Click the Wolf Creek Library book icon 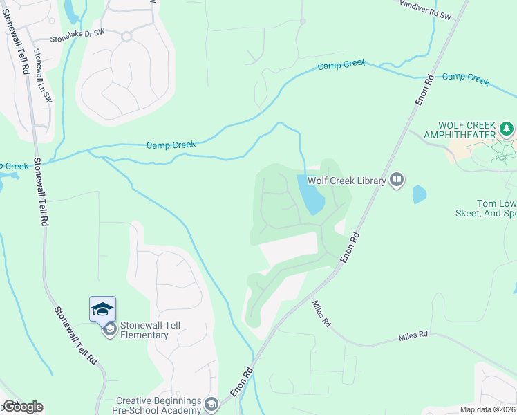click(x=397, y=181)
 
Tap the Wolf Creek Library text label click(x=346, y=181)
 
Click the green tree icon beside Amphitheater click(x=507, y=129)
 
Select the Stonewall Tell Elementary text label click(x=144, y=329)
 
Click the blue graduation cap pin click(x=102, y=308)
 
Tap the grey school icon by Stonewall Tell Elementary click(x=110, y=330)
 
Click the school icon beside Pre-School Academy click(x=211, y=404)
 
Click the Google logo click(x=23, y=407)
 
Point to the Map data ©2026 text click(x=487, y=409)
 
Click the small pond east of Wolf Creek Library click(x=419, y=194)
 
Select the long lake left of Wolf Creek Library click(x=310, y=194)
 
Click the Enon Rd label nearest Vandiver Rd click(x=424, y=89)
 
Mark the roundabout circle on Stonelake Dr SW click(x=126, y=37)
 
